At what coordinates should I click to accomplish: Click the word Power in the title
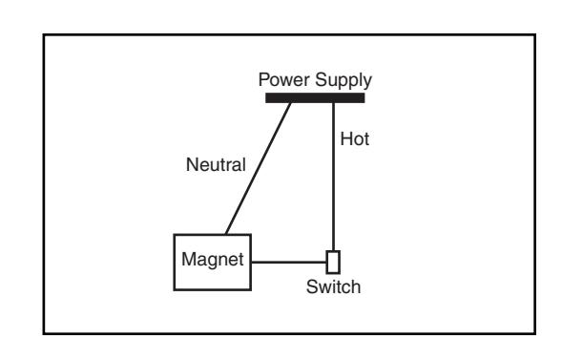pos(284,79)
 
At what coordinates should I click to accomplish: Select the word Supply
pos(343,80)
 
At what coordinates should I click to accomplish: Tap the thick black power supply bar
pos(315,98)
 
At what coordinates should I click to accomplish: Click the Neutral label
pos(216,165)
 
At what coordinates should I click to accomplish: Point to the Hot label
pos(355,138)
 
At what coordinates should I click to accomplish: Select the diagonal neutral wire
pos(258,168)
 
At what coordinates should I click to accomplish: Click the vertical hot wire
pos(333,177)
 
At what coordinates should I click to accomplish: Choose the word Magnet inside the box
pos(213,260)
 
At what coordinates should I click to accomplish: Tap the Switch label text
pos(333,286)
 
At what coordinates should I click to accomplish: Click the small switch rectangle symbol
pos(333,262)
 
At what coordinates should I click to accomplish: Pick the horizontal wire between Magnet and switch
pos(288,262)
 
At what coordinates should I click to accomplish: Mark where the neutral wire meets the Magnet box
pos(226,235)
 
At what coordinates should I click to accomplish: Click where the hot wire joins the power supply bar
pos(333,103)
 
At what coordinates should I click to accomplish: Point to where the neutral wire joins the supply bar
pos(290,103)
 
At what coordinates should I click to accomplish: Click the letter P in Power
pos(263,79)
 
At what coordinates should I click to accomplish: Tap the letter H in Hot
pos(345,138)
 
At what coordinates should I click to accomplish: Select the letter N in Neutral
pos(192,165)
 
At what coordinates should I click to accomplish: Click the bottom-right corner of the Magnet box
pos(251,289)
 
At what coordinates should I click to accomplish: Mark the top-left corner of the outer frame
pos(44,34)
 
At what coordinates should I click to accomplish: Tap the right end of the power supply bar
pos(364,98)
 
